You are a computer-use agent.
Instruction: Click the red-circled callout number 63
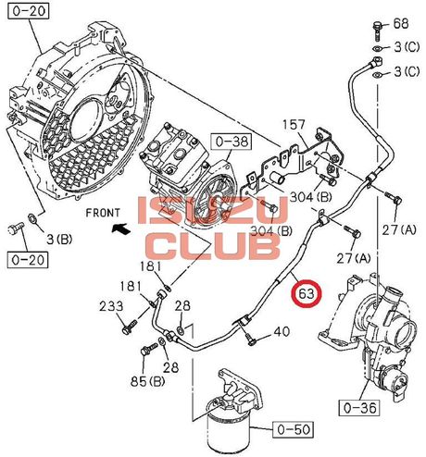(307, 293)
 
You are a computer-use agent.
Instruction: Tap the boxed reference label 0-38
(232, 142)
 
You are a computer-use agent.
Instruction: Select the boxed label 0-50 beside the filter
(293, 429)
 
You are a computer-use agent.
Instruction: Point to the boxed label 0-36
(360, 408)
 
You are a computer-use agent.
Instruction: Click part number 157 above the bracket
(294, 125)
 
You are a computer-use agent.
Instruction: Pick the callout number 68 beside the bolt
(401, 23)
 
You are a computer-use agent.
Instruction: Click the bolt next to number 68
(377, 31)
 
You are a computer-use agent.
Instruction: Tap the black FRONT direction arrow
(120, 228)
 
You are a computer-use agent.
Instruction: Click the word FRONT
(102, 213)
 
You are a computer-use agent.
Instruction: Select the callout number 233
(111, 306)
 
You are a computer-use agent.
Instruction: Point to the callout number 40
(282, 332)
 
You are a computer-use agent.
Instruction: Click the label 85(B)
(147, 382)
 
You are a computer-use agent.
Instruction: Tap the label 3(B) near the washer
(59, 240)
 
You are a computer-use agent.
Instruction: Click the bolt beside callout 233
(130, 327)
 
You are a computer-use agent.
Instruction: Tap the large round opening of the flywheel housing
(86, 119)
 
